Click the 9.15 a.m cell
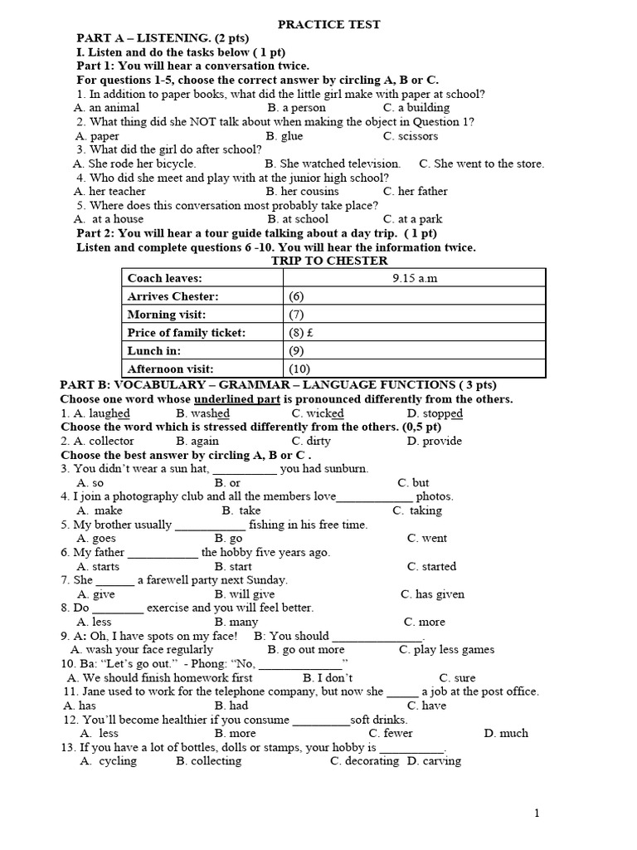(415, 278)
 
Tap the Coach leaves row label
(165, 278)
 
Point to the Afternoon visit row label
(170, 369)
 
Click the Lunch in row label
(154, 350)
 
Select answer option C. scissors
(411, 135)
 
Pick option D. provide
(435, 441)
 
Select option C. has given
(432, 594)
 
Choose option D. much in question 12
(505, 733)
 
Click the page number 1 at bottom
(537, 813)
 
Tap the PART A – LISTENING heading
(163, 38)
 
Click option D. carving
(434, 761)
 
